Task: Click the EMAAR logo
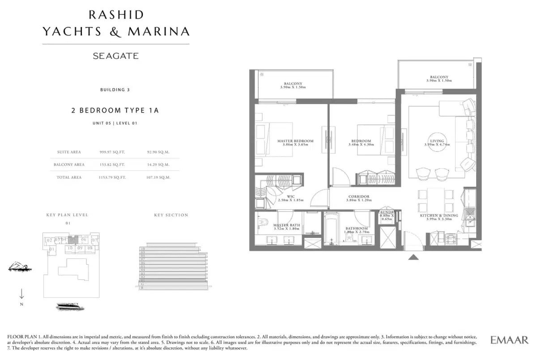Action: coord(509,339)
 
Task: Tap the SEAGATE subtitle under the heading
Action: coord(115,56)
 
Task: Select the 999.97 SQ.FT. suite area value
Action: coord(112,152)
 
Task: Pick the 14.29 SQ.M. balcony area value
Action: coord(158,165)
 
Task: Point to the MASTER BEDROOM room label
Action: coord(295,141)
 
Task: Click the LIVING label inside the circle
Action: coord(434,141)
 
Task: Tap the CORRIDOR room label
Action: coord(358,196)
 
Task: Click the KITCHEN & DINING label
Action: coord(439,216)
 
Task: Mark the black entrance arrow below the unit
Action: coord(413,257)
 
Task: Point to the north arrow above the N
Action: coord(22,294)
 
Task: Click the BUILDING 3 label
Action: coord(115,89)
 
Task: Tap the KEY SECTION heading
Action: coord(171,215)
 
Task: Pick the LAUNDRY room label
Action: coord(386,212)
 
